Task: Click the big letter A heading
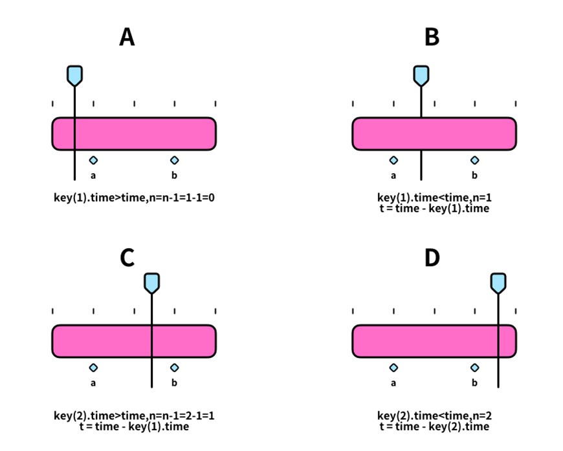[x=127, y=37]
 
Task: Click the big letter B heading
[x=432, y=37]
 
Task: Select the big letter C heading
[x=127, y=257]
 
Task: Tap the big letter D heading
[x=432, y=257]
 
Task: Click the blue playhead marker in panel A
[x=74, y=76]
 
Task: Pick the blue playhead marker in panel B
[x=421, y=76]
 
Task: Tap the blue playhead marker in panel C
[x=152, y=283]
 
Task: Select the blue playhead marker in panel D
[x=498, y=283]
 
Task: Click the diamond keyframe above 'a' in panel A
[x=93, y=160]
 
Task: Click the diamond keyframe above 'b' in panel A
[x=175, y=160]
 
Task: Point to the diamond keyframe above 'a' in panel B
[x=393, y=160]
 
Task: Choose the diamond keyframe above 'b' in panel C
[x=175, y=368]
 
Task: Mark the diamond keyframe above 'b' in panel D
[x=475, y=368]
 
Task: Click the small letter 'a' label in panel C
[x=93, y=383]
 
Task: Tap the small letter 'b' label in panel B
[x=475, y=175]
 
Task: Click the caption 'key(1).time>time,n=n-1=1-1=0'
[x=134, y=198]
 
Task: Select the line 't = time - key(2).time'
[x=434, y=426]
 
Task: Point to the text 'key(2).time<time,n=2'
[x=434, y=416]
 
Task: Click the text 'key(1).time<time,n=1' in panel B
[x=434, y=198]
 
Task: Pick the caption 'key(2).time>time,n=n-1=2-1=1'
[x=134, y=416]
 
